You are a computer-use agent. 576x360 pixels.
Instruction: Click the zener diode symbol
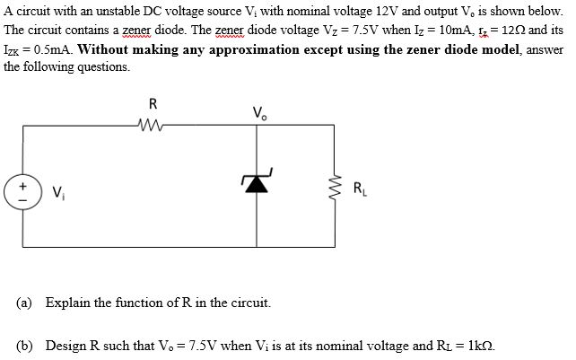[x=257, y=182]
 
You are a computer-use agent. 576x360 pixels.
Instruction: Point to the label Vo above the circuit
[x=258, y=111]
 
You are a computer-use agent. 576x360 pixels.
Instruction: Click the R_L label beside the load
[x=358, y=189]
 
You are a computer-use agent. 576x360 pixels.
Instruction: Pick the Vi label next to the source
[x=58, y=189]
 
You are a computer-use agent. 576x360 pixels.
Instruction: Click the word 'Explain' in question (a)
[x=68, y=302]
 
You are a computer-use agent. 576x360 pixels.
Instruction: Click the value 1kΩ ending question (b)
[x=478, y=345]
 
